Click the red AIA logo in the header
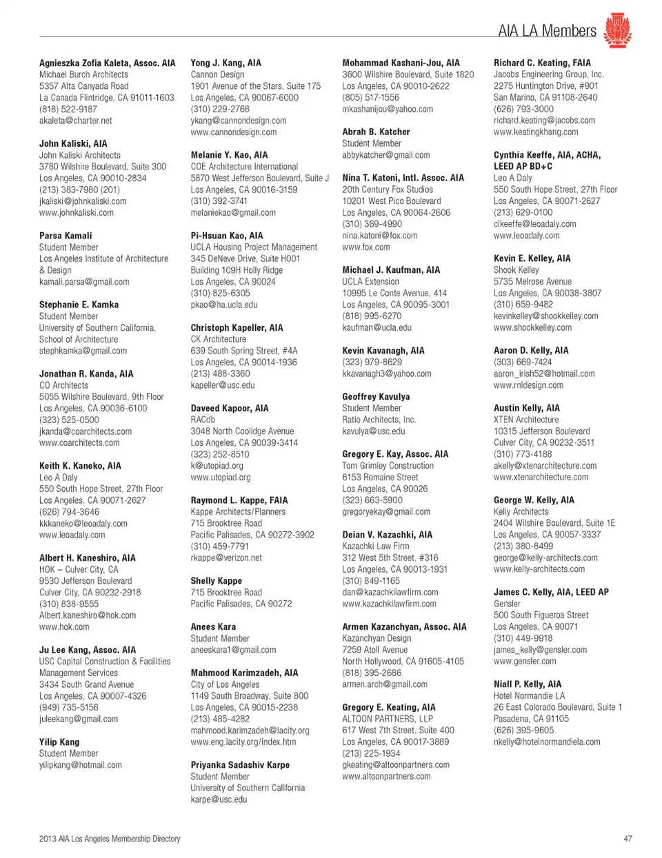[617, 30]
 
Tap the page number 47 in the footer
[627, 839]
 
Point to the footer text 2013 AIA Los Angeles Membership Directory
[110, 839]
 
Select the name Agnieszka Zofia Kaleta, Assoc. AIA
[107, 63]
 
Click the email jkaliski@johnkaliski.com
[83, 201]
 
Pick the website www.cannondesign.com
[233, 132]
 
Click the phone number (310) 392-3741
[219, 201]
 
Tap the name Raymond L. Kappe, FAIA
[239, 500]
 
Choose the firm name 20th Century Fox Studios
[388, 190]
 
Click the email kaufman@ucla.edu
[377, 327]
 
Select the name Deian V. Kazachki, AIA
[387, 535]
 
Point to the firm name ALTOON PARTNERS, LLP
[388, 719]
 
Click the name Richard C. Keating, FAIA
[541, 63]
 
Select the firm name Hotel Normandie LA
[529, 696]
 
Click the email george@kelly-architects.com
[545, 558]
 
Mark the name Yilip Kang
[59, 742]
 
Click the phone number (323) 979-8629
[372, 362]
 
